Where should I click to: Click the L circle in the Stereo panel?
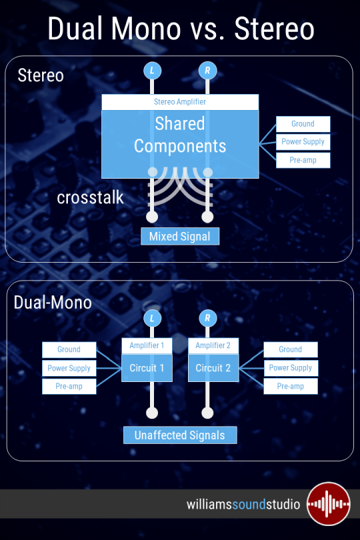tap(152, 71)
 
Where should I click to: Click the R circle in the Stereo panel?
tap(207, 71)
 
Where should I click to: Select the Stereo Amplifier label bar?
tap(180, 102)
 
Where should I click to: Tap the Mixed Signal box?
tap(180, 236)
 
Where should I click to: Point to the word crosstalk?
tap(90, 198)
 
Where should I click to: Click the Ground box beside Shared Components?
tap(303, 124)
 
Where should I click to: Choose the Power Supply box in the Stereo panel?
tap(303, 142)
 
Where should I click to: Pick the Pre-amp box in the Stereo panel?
tap(303, 160)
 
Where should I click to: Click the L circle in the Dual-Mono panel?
tap(152, 318)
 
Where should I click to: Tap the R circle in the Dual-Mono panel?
tap(208, 318)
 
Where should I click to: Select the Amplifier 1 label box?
tap(147, 345)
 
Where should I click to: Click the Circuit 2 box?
tap(213, 368)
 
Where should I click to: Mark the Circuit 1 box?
tap(147, 368)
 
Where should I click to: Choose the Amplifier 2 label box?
tap(213, 345)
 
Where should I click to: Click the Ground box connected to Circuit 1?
tap(69, 349)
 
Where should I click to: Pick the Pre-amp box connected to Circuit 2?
tap(291, 387)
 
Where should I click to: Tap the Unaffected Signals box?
tap(180, 435)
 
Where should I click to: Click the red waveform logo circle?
tap(328, 504)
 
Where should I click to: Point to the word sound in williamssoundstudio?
tap(249, 505)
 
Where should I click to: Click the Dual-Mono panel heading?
tap(53, 303)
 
